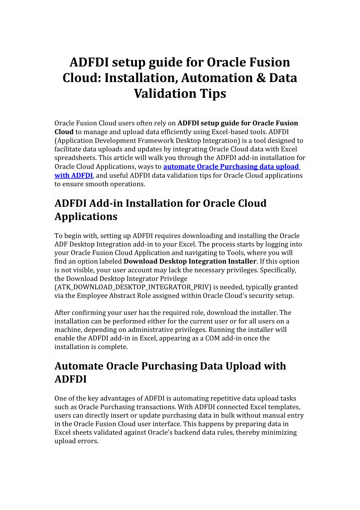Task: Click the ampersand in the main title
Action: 261,78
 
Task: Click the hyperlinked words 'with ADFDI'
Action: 74,175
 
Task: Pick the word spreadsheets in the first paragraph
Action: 75,158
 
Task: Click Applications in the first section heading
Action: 86,216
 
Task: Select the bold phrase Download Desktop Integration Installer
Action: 190,261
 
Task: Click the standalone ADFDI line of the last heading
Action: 70,379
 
